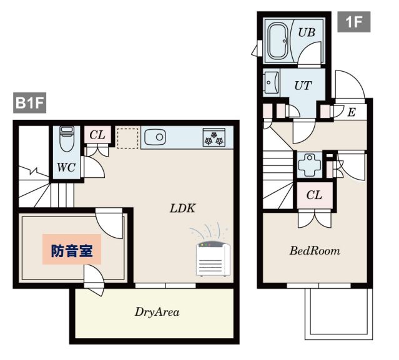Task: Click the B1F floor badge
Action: tap(29, 103)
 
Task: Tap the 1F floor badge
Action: tap(353, 22)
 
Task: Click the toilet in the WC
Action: tap(67, 139)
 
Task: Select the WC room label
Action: tap(66, 167)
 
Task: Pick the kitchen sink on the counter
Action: tap(155, 137)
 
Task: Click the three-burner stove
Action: tap(214, 137)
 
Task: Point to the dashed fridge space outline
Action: tap(127, 138)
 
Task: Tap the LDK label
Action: tap(182, 208)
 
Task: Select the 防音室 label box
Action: tap(72, 250)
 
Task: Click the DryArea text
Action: tap(157, 312)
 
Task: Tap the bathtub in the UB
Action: tap(278, 41)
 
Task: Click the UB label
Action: tap(307, 32)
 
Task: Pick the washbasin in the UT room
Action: tap(271, 82)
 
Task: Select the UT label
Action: tap(303, 85)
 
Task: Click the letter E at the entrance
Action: tap(352, 112)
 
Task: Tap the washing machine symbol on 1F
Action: tap(310, 165)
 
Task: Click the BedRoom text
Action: tap(315, 251)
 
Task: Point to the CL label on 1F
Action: tap(314, 195)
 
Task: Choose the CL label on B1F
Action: tap(97, 135)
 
